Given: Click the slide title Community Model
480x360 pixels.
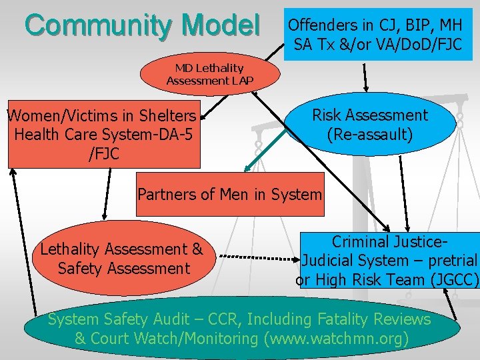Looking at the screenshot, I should (142, 25).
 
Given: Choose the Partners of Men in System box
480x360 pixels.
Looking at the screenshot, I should (229, 195).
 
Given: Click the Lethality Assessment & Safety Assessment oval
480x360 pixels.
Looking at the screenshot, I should (121, 259).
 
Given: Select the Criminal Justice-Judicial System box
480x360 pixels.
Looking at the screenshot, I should (389, 261).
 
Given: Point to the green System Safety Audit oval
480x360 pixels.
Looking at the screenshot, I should (240, 329).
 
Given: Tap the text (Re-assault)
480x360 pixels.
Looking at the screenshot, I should (369, 134).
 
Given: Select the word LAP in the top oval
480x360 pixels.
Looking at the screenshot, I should (242, 81).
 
